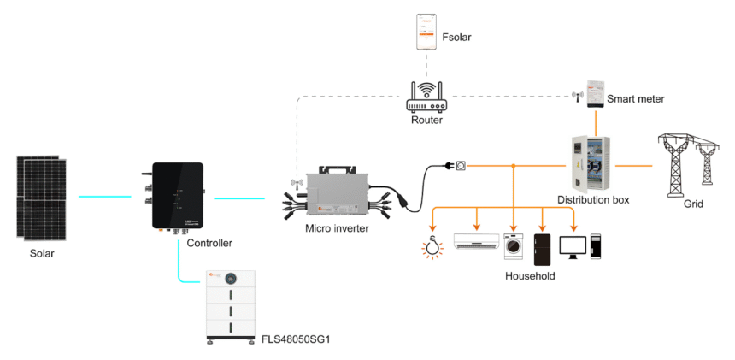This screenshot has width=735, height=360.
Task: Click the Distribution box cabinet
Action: click(x=590, y=163)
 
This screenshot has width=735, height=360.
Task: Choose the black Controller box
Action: click(x=177, y=196)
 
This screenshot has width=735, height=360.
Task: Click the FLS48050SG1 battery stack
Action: click(x=232, y=305)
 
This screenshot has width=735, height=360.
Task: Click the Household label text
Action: click(x=530, y=276)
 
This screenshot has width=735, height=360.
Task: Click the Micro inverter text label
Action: click(x=337, y=228)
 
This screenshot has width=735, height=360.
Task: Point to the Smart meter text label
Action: click(x=635, y=99)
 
